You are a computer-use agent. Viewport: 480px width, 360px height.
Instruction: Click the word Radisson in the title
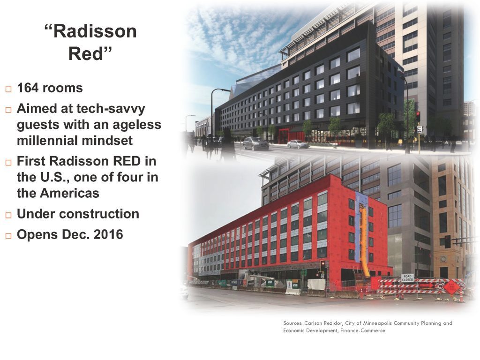[x=95, y=31]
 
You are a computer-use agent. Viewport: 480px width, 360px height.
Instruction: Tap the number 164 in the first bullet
[x=28, y=88]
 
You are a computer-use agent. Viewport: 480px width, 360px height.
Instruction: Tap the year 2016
[x=108, y=234]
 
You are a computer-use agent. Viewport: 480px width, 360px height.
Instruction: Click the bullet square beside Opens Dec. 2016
[x=8, y=236]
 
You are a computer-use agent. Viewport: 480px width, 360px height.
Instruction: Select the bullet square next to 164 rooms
[x=8, y=89]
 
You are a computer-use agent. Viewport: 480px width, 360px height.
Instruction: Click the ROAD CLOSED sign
[x=407, y=278]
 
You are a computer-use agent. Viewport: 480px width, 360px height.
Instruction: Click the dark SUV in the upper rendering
[x=255, y=143]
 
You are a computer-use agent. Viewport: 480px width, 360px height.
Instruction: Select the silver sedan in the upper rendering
[x=298, y=144]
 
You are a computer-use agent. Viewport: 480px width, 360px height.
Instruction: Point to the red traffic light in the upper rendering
[x=418, y=116]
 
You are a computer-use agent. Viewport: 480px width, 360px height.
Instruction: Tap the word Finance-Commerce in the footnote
[x=363, y=330]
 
